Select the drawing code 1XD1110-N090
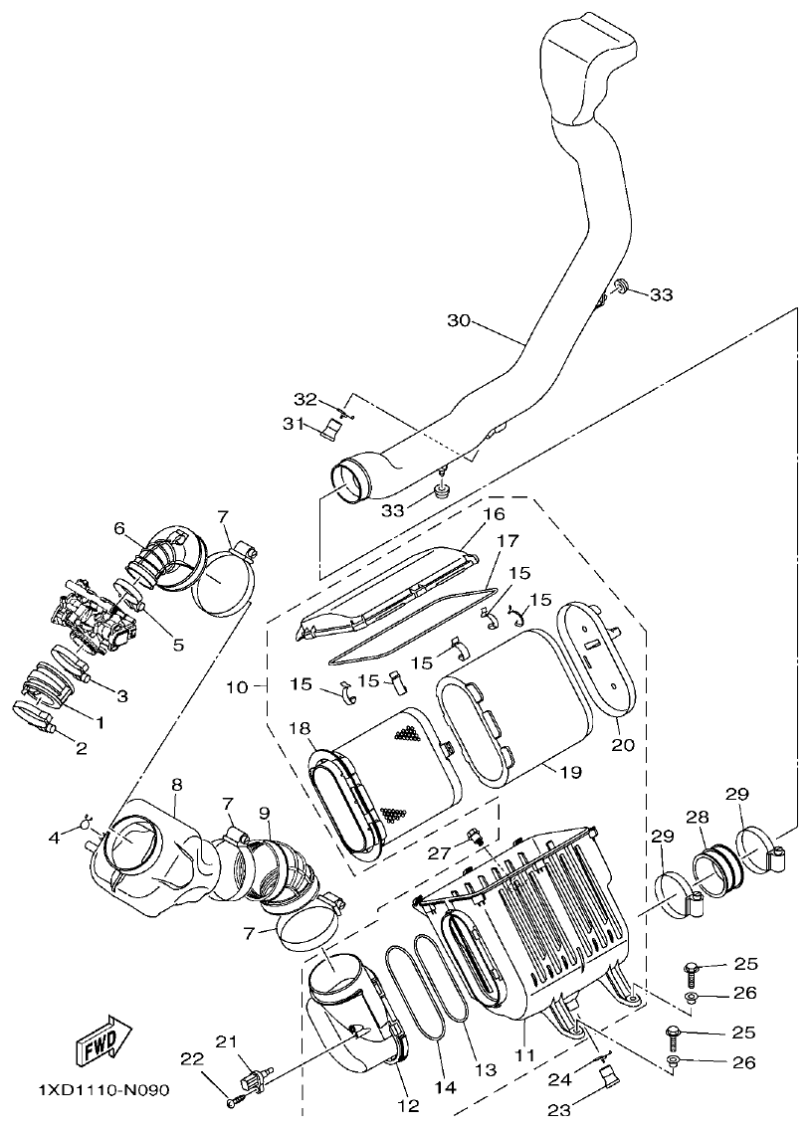point(91,1090)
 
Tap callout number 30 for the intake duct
point(458,320)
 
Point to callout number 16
point(494,514)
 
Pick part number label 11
point(524,1053)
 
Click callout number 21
point(227,1041)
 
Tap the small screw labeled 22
point(234,1101)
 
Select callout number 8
point(176,785)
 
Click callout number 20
point(623,745)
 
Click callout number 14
point(444,1088)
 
